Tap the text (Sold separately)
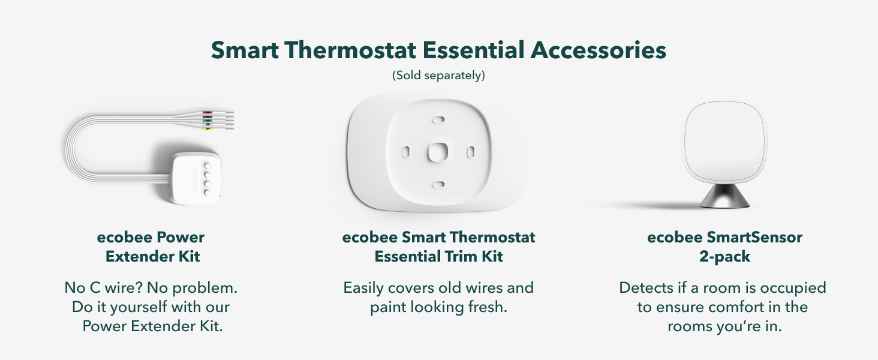[438, 76]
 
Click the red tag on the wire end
[208, 112]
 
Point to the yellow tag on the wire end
[208, 128]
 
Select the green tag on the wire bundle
[208, 121]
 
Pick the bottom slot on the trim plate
[438, 184]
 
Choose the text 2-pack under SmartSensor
[724, 257]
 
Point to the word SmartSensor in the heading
[751, 237]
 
